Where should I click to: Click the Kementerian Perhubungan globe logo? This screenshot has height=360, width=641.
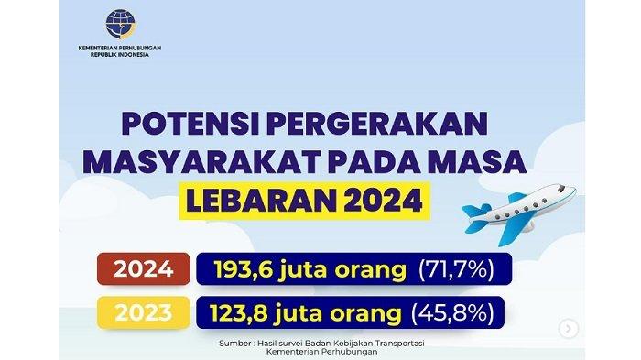121,24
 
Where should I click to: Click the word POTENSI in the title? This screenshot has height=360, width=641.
190,124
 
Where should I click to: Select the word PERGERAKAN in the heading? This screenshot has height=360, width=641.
377,124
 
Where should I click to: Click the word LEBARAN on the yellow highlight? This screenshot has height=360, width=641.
261,201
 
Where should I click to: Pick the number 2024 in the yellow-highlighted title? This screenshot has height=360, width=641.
383,201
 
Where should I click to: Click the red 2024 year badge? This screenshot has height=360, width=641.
144,268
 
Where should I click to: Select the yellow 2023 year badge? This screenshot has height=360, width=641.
144,313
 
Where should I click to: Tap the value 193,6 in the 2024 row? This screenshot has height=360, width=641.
242,269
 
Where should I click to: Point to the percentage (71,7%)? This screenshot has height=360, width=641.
456,269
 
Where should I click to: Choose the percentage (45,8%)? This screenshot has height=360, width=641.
452,313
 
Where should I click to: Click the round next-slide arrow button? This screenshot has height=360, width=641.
569,329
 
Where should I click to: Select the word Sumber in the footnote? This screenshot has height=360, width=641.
234,344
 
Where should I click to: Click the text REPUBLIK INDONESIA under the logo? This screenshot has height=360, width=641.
120,54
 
